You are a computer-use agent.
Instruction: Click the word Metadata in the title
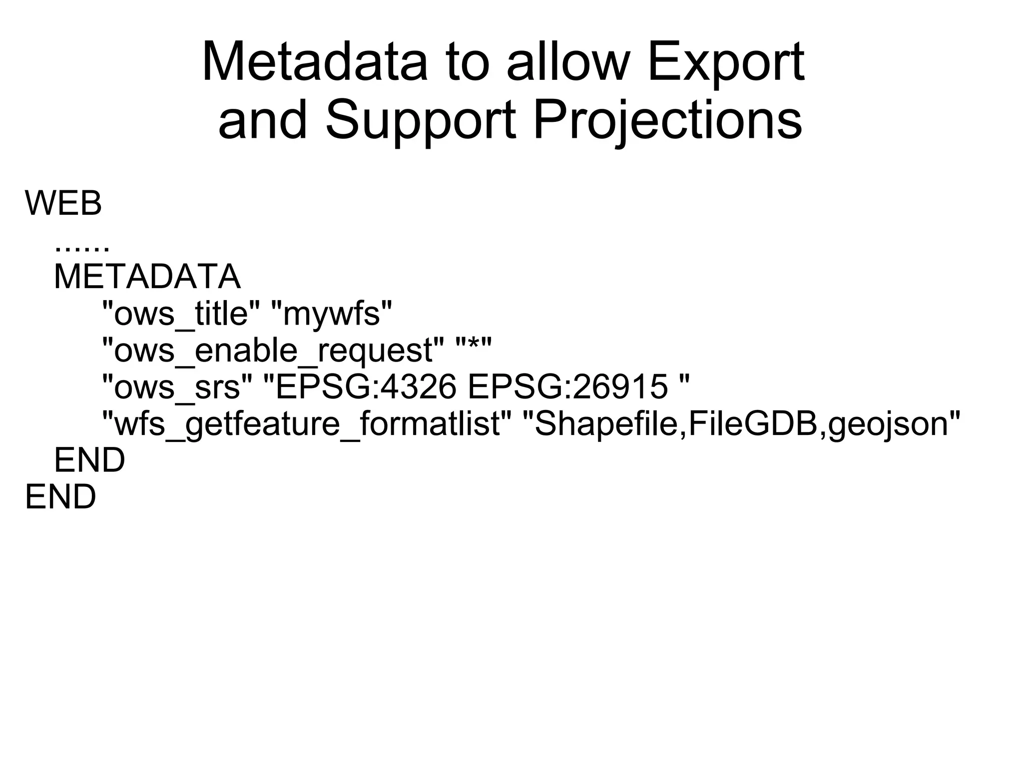[x=315, y=62]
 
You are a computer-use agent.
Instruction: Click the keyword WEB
[x=63, y=204]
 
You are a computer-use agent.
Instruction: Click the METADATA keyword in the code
[x=147, y=277]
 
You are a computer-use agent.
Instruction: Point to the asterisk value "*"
[x=474, y=346]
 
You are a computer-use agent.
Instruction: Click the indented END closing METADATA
[x=89, y=460]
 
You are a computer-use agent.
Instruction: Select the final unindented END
[x=60, y=497]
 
